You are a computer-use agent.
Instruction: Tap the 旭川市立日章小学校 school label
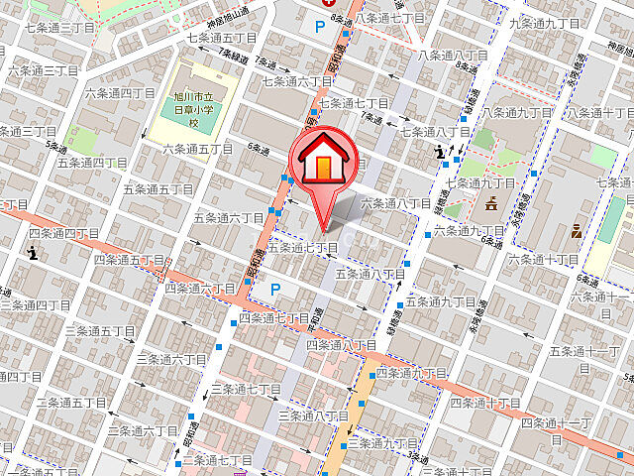click(x=194, y=109)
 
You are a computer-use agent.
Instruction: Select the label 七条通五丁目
click(x=222, y=38)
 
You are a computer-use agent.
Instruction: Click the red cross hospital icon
click(x=324, y=4)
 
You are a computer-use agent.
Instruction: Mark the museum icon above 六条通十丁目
click(x=578, y=233)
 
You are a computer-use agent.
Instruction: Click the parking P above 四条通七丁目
click(x=275, y=290)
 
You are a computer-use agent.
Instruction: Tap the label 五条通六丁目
click(x=230, y=217)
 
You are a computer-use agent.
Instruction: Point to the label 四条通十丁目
click(x=485, y=403)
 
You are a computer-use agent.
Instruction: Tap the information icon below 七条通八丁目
click(x=440, y=152)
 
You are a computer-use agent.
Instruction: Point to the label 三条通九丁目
click(x=384, y=442)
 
